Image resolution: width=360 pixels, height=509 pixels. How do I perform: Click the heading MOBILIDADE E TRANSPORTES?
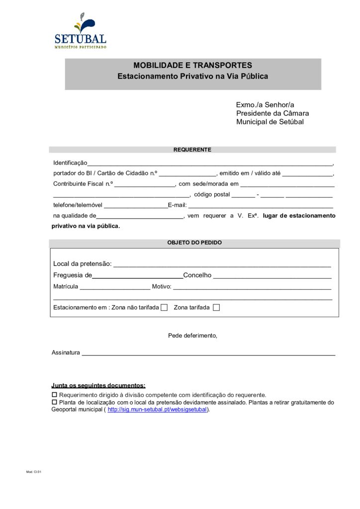(x=192, y=65)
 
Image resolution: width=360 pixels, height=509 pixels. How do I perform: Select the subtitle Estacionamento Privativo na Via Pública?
(x=192, y=77)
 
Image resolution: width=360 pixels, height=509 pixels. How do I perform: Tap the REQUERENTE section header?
(x=192, y=150)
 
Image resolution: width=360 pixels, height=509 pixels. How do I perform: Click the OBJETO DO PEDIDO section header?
(x=194, y=243)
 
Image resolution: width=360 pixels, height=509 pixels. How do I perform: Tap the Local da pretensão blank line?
(x=222, y=264)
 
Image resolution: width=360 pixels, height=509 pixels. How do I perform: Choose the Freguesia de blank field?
(x=138, y=275)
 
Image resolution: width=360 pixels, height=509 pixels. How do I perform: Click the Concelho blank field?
(x=272, y=275)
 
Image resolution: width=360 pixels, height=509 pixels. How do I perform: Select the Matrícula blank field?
(x=115, y=287)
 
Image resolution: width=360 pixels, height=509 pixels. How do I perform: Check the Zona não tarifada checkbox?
(x=164, y=308)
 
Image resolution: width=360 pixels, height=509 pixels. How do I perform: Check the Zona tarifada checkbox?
(x=216, y=308)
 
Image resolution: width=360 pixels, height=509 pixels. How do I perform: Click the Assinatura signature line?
(x=208, y=353)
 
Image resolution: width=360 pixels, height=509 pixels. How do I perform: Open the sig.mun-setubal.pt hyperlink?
(x=157, y=410)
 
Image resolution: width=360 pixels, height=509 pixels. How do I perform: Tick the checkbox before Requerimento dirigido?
(x=55, y=395)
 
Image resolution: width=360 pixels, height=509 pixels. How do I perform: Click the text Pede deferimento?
(x=192, y=336)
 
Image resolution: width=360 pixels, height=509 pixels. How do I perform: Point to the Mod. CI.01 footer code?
(x=34, y=472)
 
